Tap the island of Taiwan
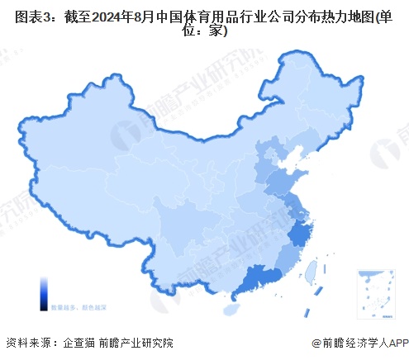pyautogui.click(x=312, y=271)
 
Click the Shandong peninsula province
pyautogui.click(x=285, y=180)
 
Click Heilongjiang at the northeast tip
pyautogui.click(x=318, y=91)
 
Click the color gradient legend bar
pyautogui.click(x=41, y=292)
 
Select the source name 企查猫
pyautogui.click(x=79, y=343)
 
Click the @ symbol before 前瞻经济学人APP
pyautogui.click(x=317, y=343)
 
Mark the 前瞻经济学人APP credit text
pyautogui.click(x=363, y=343)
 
